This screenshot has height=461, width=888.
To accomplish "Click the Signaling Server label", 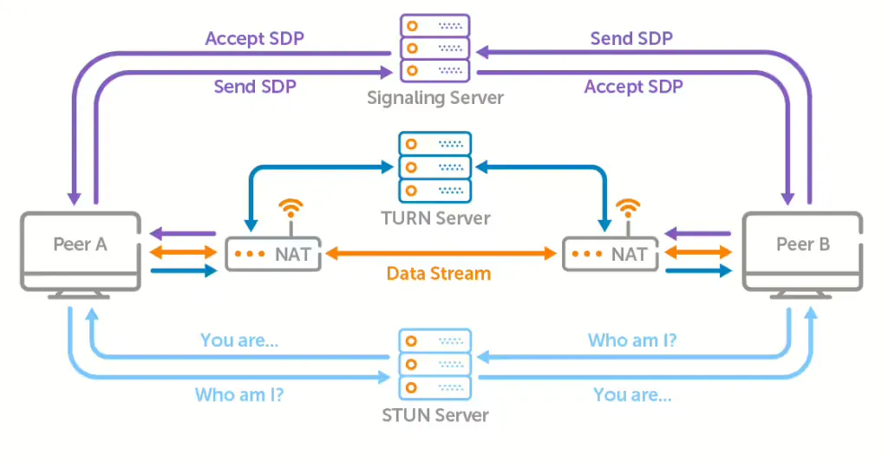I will pyautogui.click(x=435, y=97).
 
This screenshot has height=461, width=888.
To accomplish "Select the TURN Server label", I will pyautogui.click(x=435, y=218).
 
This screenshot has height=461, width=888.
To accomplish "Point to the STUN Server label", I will pyautogui.click(x=435, y=415).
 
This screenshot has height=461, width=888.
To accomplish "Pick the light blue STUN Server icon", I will pyautogui.click(x=435, y=363).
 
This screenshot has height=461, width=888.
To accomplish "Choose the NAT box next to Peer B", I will pyautogui.click(x=610, y=254).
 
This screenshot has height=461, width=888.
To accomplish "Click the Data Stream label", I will pyautogui.click(x=439, y=274).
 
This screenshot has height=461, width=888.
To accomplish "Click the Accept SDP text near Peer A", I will pyautogui.click(x=254, y=39).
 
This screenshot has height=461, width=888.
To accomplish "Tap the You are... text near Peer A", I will pyautogui.click(x=239, y=341).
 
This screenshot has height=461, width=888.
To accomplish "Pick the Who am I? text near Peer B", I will pyautogui.click(x=632, y=341).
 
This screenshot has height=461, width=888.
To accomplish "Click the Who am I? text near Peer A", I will pyautogui.click(x=239, y=395).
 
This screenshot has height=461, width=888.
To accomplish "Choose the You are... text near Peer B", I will pyautogui.click(x=632, y=395).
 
